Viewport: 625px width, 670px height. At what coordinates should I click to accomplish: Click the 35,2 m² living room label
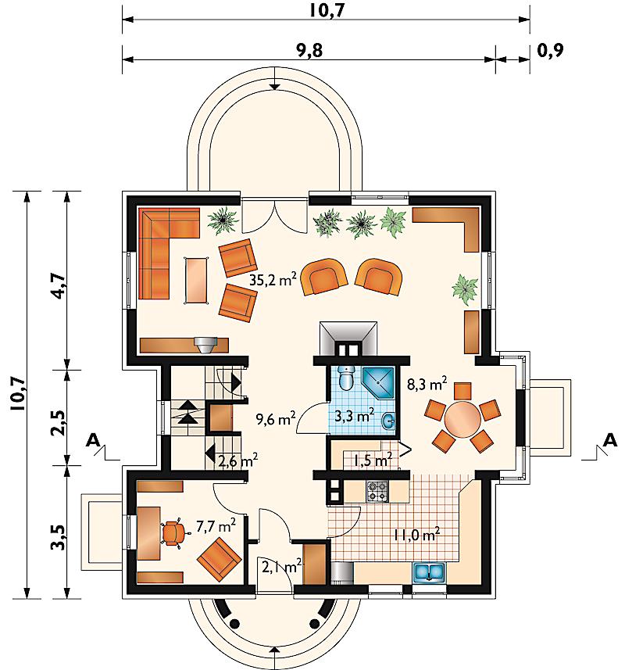273,280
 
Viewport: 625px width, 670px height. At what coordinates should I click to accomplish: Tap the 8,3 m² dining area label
427,384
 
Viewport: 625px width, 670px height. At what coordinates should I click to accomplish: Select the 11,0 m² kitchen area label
417,535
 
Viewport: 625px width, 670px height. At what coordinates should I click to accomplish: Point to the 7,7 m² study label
216,525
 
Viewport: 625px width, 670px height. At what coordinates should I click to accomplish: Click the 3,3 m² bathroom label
354,415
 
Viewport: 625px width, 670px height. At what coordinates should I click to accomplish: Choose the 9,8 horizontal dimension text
309,51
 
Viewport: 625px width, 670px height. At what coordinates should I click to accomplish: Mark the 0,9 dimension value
550,51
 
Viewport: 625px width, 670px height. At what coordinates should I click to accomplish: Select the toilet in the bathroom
345,376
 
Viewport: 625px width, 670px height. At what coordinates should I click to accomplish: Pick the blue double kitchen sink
429,572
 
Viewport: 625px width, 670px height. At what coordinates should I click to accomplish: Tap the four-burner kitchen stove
377,491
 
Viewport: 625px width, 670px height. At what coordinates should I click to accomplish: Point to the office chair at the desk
174,533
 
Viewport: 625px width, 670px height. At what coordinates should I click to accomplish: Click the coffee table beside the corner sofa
196,281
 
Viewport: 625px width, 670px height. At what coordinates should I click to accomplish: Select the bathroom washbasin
388,421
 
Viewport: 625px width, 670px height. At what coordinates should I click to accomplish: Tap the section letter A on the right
611,440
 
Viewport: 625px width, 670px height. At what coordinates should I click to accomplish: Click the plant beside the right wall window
465,289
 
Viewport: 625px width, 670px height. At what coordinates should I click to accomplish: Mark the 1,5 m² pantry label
373,460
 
